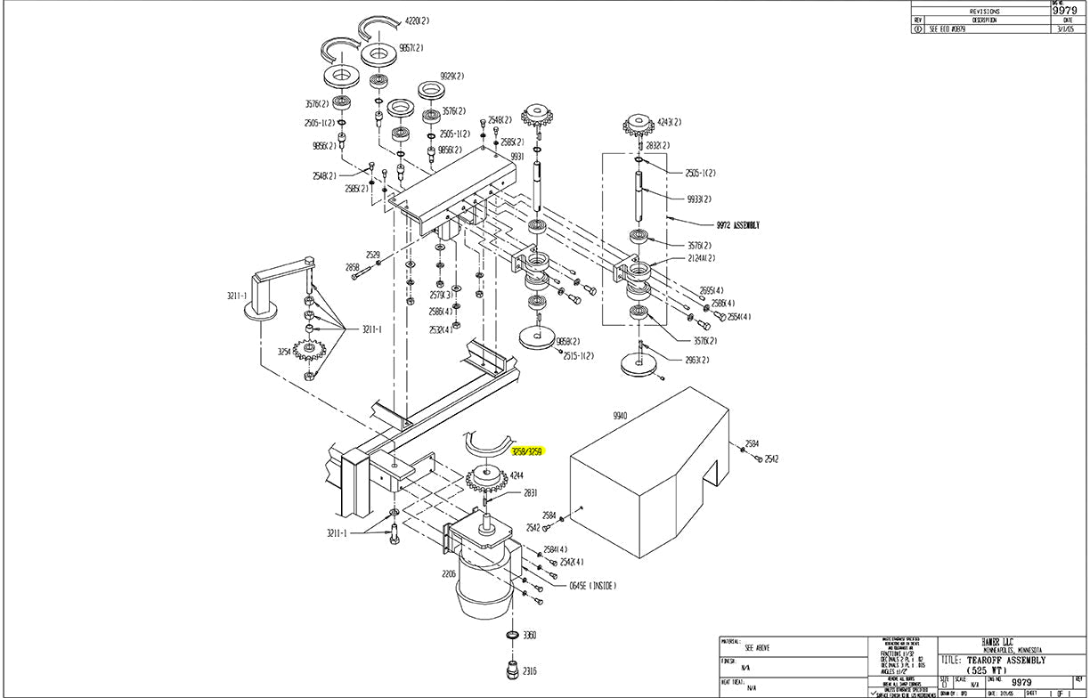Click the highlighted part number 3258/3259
click(527, 451)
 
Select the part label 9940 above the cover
click(621, 416)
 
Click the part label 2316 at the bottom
click(529, 671)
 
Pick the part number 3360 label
click(529, 636)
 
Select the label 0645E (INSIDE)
click(592, 586)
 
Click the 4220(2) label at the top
click(417, 20)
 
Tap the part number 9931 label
click(517, 157)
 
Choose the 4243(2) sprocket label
click(670, 122)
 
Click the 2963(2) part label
click(697, 361)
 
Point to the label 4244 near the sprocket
click(517, 475)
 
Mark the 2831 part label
click(531, 492)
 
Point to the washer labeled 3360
click(512, 636)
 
